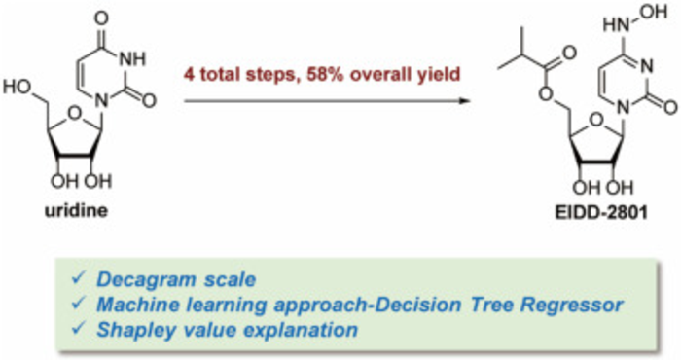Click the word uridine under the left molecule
pos(77,210)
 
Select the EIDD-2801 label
pos(601,212)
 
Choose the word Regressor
pos(572,305)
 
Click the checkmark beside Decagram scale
pos(77,278)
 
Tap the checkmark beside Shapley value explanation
pos(77,328)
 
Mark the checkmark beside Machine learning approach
pos(77,304)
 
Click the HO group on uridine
pos(18,88)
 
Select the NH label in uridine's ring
pos(132,59)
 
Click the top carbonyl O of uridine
pos(101,18)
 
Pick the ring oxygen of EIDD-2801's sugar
pos(596,118)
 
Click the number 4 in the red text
pos(189,74)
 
